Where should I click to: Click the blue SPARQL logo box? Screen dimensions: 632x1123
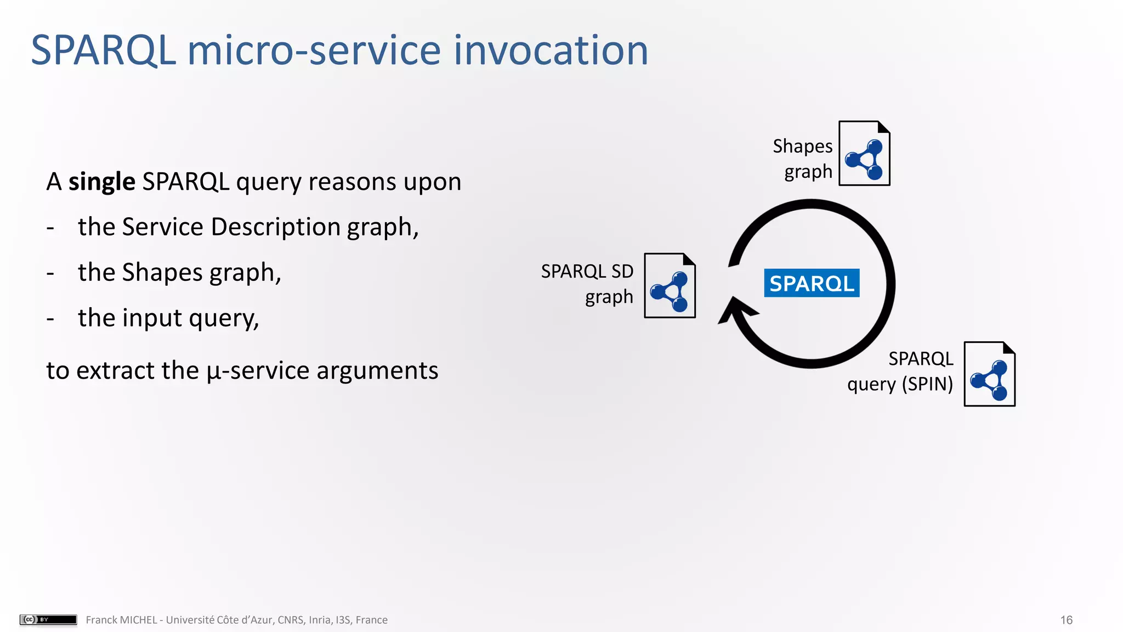pos(812,283)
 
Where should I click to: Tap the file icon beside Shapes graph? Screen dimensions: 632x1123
pos(864,154)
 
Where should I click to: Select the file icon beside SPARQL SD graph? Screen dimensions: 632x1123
pos(670,286)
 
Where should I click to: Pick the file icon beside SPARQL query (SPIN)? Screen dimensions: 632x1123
pos(989,374)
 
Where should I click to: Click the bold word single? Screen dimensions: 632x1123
pos(101,182)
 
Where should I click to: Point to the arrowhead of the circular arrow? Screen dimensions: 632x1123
pos(735,311)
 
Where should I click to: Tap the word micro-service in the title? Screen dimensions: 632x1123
pos(314,50)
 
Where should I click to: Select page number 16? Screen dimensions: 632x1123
pos(1066,620)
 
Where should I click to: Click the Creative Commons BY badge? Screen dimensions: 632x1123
pos(48,619)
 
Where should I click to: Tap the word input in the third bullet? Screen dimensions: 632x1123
pos(152,318)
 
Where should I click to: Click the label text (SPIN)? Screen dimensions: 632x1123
pos(928,384)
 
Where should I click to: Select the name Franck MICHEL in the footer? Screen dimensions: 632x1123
pos(121,620)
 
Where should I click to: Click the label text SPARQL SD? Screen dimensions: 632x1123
pos(587,272)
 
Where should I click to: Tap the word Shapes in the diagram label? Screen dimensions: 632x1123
pos(802,146)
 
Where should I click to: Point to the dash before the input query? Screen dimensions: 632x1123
pos(50,319)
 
